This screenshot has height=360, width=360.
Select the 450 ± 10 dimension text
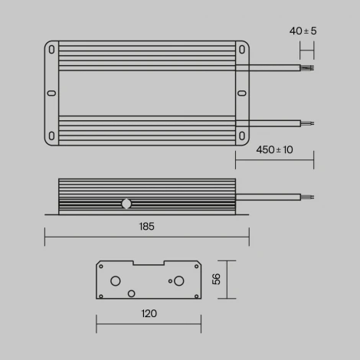pos(273,149)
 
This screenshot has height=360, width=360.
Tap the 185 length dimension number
pos(147,227)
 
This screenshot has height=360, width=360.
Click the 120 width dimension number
pos(149,313)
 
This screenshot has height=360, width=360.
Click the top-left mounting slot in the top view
pos(51,50)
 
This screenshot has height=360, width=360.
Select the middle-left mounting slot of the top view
pos(51,93)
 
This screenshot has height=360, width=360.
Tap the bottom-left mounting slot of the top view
pos(51,136)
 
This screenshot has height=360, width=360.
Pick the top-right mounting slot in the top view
pos(241,50)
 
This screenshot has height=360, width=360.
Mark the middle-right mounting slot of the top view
pos(241,93)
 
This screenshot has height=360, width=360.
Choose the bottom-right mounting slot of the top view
pos(241,136)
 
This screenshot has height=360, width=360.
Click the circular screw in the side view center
pos(126,205)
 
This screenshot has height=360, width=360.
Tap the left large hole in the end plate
pos(116,280)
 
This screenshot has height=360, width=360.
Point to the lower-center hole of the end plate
pos(131,293)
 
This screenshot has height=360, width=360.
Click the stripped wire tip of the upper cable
pos(308,68)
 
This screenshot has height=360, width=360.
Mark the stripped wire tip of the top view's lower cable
pos(308,123)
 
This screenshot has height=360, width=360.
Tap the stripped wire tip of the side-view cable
pos(308,196)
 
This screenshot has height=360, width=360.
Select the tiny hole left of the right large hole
pos(166,280)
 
